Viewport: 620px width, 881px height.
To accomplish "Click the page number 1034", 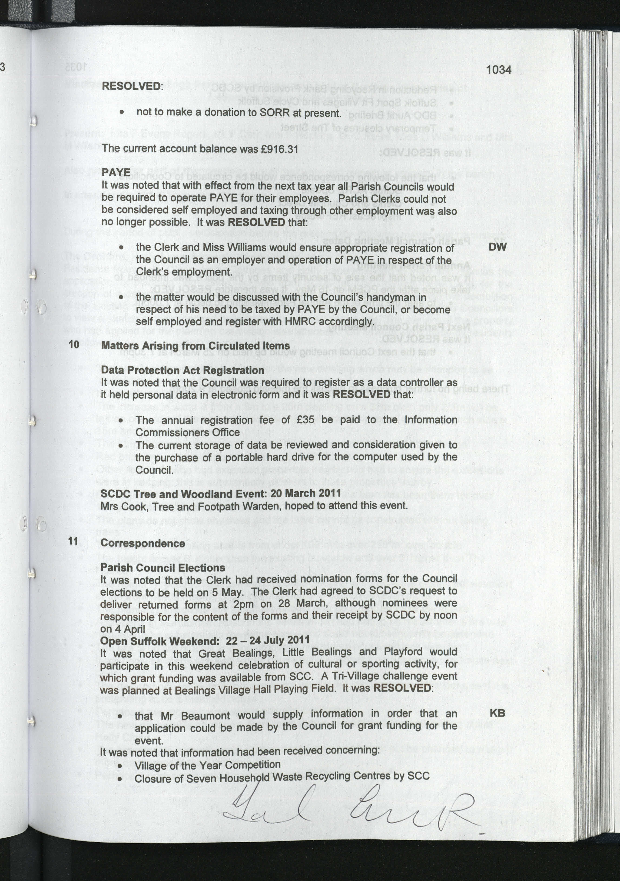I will click(498, 70).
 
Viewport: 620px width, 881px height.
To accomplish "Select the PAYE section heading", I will click(116, 172).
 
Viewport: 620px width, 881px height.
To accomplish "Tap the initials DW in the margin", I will click(497, 247).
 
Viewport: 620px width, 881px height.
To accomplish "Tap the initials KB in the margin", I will click(497, 713).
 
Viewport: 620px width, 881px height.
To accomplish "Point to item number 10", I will click(74, 344).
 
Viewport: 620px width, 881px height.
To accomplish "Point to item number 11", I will click(73, 541).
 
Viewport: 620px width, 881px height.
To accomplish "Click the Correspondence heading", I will click(143, 543).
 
